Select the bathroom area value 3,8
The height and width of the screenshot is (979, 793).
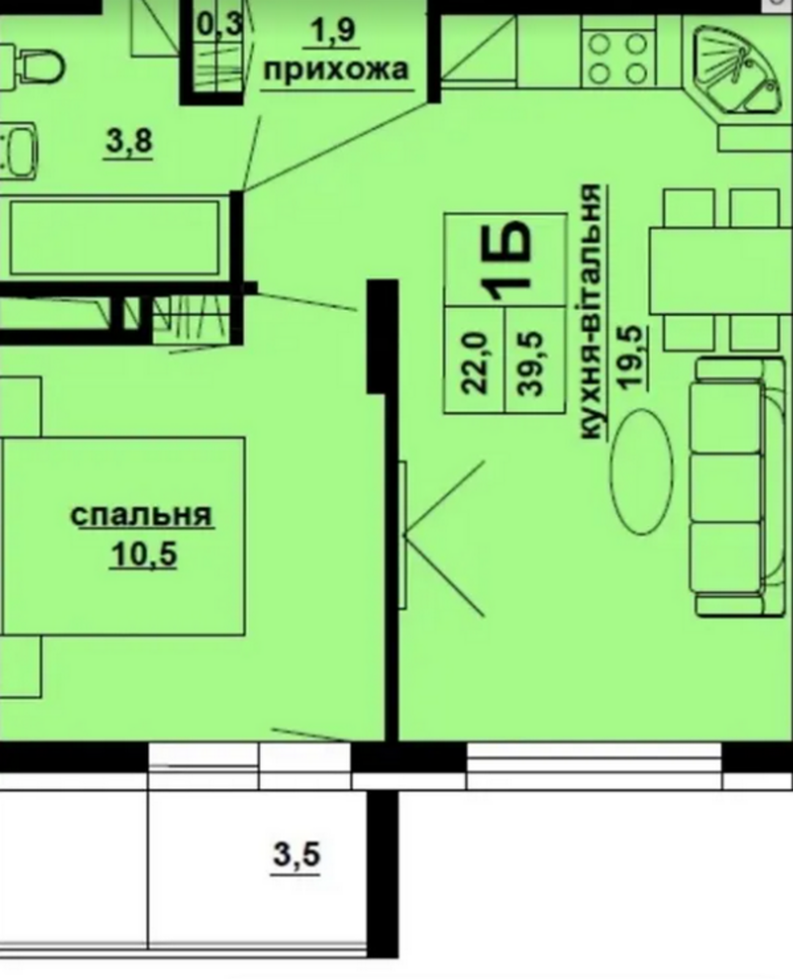(128, 141)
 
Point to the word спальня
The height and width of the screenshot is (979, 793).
(142, 515)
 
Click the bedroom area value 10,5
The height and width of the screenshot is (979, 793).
(143, 554)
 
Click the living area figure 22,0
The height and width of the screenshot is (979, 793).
(474, 363)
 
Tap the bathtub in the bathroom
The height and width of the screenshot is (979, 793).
(115, 237)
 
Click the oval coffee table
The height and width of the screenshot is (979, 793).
(641, 472)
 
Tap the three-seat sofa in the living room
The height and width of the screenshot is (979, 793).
(737, 486)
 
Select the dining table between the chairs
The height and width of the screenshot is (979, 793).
(720, 270)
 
